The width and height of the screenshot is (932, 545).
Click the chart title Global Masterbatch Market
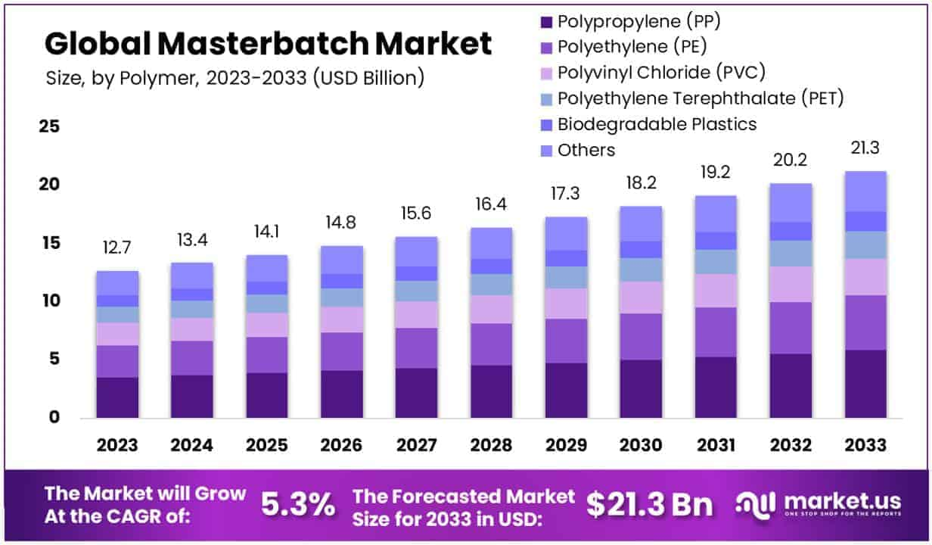point(268,44)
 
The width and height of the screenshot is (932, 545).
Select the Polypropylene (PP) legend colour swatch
point(545,22)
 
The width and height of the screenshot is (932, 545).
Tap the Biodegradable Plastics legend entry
point(657,124)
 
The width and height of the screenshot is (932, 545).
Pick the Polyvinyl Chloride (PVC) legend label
point(661,73)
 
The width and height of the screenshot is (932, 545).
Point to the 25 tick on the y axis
point(48,126)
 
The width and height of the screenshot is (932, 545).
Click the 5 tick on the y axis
point(53,359)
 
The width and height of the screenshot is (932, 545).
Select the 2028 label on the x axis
point(491,444)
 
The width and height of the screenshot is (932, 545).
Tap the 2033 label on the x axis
point(865,444)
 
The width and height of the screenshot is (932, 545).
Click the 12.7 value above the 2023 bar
point(116,248)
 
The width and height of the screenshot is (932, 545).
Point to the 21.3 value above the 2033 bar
point(865,148)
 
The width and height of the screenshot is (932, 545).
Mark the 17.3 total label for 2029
point(566,195)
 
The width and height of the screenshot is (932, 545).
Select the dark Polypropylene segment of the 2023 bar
point(116,397)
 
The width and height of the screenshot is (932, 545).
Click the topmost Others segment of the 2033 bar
point(865,191)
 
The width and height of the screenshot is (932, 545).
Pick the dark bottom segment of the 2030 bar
point(641,388)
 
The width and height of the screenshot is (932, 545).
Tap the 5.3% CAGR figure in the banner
point(298,505)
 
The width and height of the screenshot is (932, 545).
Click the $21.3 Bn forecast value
point(649,505)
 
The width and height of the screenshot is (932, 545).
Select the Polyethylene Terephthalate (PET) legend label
point(700,98)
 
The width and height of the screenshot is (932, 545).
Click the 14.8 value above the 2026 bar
point(341,223)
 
